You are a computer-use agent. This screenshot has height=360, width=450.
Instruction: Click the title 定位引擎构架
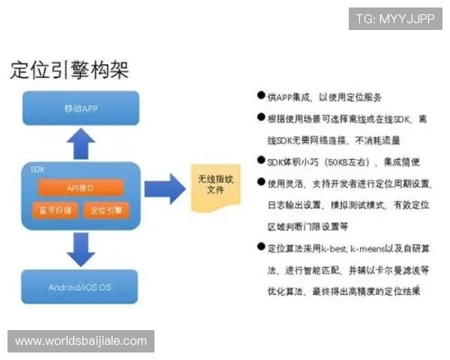coord(69,70)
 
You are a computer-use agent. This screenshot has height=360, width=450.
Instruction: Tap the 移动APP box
coord(81,108)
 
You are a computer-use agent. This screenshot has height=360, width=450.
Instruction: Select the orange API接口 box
coord(80,186)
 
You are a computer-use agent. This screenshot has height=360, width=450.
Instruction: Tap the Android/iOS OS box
coord(81,287)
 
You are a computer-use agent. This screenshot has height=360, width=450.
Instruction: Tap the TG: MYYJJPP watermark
coord(395,19)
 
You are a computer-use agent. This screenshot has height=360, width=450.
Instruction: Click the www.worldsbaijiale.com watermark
coord(81,341)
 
